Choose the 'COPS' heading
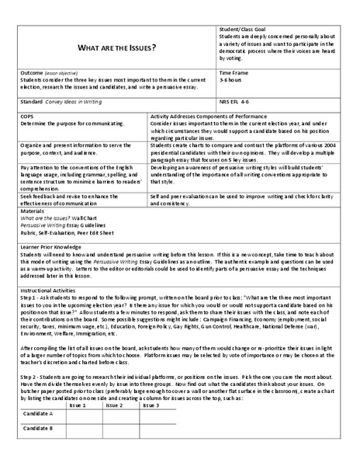(x=28, y=114)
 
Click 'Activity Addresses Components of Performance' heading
(x=207, y=114)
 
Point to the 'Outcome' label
(x=31, y=72)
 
